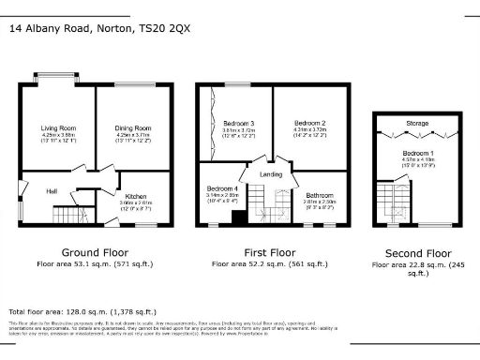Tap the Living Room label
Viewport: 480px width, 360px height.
57,127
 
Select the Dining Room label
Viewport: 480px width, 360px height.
132,127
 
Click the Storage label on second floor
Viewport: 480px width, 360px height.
417,123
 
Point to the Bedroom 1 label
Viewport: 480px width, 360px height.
417,152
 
